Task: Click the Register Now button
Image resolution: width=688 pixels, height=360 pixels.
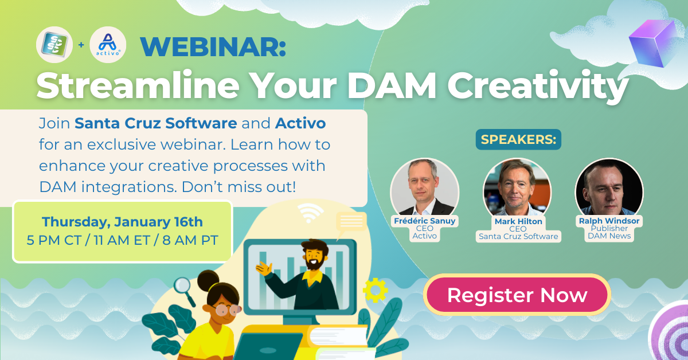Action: tap(517, 295)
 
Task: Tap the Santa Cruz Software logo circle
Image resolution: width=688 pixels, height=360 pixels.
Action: tap(54, 45)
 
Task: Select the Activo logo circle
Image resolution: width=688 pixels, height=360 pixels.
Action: tap(108, 45)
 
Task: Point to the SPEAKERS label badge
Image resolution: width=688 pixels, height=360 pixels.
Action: tap(518, 139)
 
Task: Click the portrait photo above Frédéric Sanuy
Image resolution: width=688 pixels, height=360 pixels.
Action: tap(424, 187)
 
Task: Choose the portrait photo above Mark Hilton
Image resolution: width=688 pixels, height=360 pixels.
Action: tap(517, 187)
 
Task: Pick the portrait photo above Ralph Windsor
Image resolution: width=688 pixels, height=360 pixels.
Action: tap(609, 187)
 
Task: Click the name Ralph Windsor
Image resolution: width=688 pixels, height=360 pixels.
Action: tap(609, 221)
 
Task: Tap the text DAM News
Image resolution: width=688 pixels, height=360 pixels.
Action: tap(609, 236)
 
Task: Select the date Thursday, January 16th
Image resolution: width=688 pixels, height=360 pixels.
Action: tap(122, 222)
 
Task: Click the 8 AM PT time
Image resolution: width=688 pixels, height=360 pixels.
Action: tap(190, 240)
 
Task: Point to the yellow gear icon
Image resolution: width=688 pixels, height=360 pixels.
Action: tap(375, 290)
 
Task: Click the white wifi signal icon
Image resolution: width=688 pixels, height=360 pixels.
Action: tap(310, 213)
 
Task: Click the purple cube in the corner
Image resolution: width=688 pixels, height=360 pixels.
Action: tap(654, 44)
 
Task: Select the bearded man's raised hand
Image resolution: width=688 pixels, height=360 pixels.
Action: tap(264, 268)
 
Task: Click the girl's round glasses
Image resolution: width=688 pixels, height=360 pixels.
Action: tap(227, 310)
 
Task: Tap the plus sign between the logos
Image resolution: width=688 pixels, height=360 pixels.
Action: tap(81, 45)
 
